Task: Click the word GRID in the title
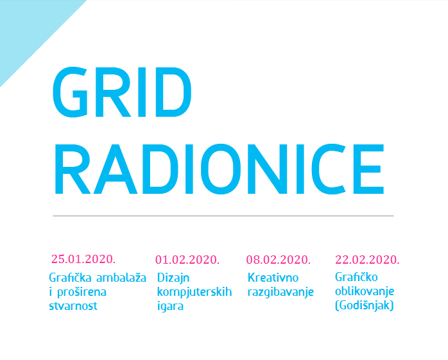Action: pyautogui.click(x=122, y=92)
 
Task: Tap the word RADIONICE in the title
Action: pyautogui.click(x=219, y=169)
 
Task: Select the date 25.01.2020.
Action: pyautogui.click(x=83, y=259)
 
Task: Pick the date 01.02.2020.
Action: pyautogui.click(x=187, y=260)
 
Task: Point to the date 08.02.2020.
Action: pyautogui.click(x=279, y=260)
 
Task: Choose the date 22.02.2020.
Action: pyautogui.click(x=367, y=260)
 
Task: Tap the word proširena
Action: pyautogui.click(x=82, y=292)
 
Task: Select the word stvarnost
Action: pyautogui.click(x=73, y=306)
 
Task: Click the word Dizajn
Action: pyautogui.click(x=173, y=278)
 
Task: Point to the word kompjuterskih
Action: pyautogui.click(x=194, y=292)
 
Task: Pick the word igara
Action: pyautogui.click(x=170, y=306)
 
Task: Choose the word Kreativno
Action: pyautogui.click(x=273, y=277)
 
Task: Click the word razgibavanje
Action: pyautogui.click(x=280, y=292)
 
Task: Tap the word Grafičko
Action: pyautogui.click(x=356, y=277)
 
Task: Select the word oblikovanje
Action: pyautogui.click(x=365, y=291)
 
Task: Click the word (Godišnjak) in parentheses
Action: pyautogui.click(x=365, y=305)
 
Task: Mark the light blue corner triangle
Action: pyautogui.click(x=29, y=29)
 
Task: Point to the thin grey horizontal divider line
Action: pyautogui.click(x=223, y=216)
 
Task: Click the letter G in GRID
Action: pyautogui.click(x=71, y=92)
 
